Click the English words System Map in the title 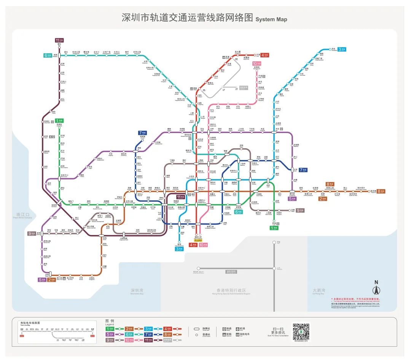pos(271,19)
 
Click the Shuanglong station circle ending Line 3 pos(330,49)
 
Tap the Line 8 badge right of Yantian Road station pos(381,191)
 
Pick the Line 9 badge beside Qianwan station pos(31,233)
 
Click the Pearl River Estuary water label pos(21,216)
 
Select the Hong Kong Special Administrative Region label pos(231,292)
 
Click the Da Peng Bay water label pos(318,291)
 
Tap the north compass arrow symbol pos(376,289)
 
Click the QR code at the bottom pos(301,332)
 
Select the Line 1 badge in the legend pos(110,328)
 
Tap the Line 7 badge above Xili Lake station pos(142,133)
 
